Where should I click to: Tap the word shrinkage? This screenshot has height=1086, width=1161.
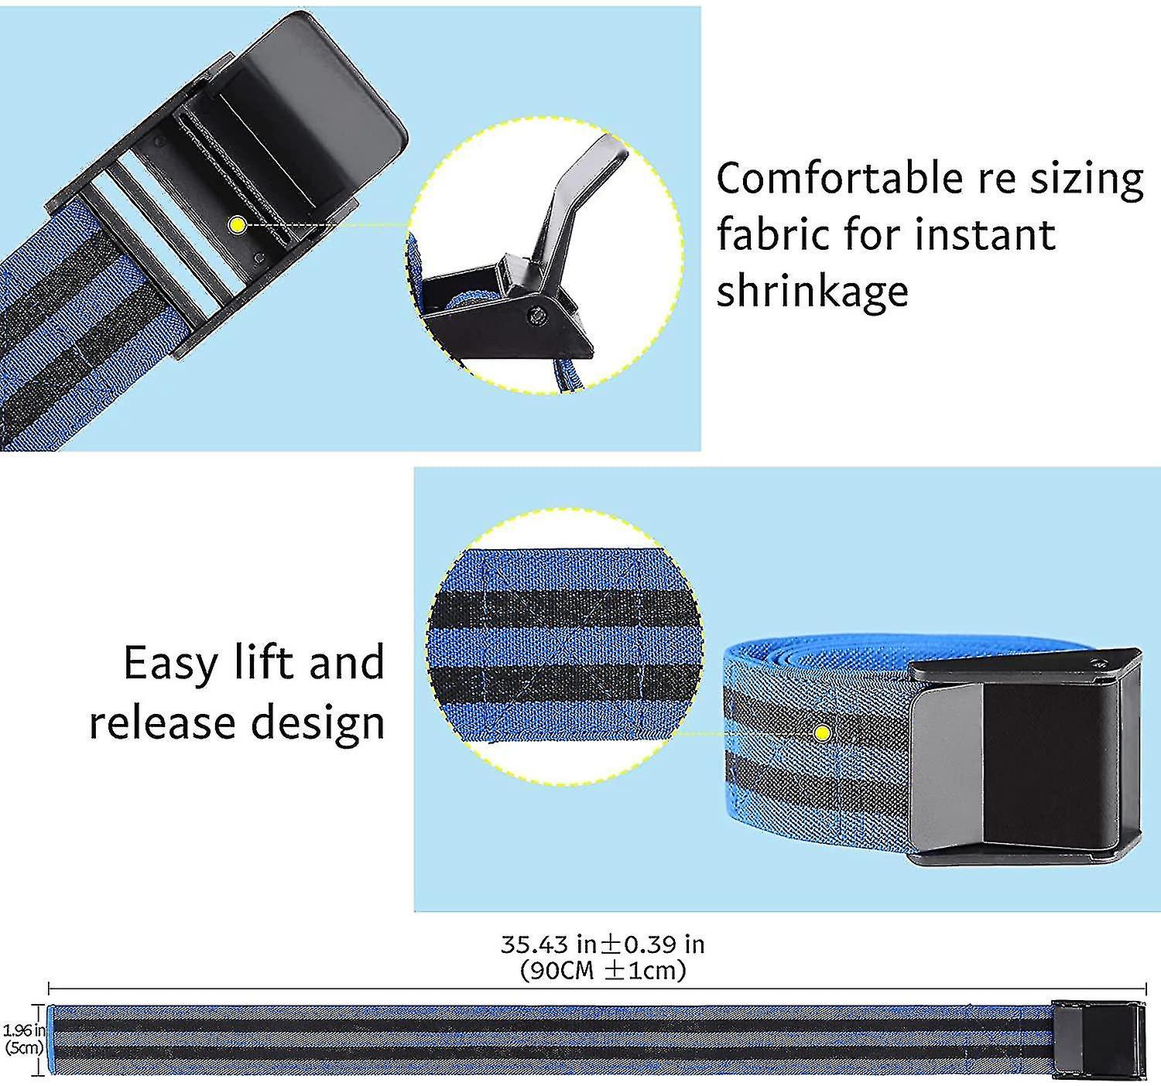click(812, 292)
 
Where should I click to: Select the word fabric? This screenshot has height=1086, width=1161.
click(773, 235)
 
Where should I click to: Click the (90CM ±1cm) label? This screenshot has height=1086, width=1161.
click(602, 970)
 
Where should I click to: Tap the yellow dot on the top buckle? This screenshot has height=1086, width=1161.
click(237, 225)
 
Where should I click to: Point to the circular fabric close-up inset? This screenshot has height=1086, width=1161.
click(563, 646)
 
